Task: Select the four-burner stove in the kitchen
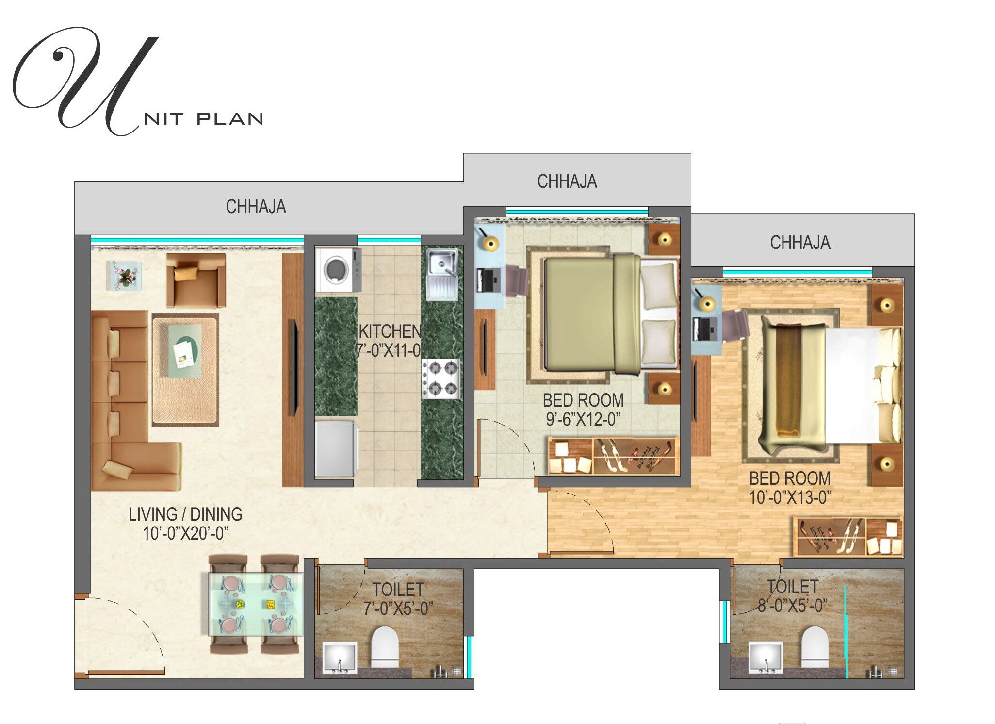click(x=440, y=379)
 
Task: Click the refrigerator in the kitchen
click(x=336, y=449)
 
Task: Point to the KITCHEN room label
click(x=390, y=332)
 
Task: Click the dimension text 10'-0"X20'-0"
click(x=185, y=533)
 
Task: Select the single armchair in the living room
click(x=196, y=280)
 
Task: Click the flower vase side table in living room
click(x=124, y=275)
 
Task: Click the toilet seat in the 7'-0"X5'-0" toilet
click(x=385, y=647)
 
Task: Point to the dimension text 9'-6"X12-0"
click(x=583, y=419)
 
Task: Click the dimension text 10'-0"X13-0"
click(x=790, y=497)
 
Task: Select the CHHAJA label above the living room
click(x=256, y=207)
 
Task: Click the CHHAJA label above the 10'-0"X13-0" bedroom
click(x=800, y=243)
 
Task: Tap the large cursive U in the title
click(x=87, y=80)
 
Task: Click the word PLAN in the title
click(x=230, y=119)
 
